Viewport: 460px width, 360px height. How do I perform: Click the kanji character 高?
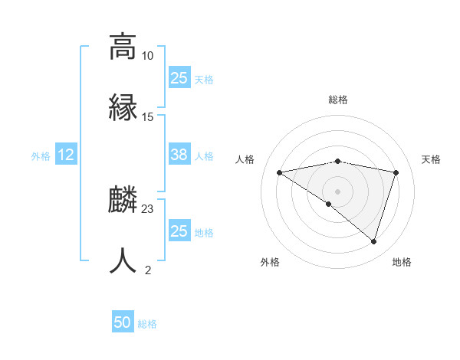click(123, 46)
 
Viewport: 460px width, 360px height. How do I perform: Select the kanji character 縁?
click(123, 106)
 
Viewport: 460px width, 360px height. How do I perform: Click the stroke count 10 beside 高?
click(148, 56)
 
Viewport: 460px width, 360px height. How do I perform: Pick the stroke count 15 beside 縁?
click(148, 117)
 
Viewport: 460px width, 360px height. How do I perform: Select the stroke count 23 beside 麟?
click(148, 209)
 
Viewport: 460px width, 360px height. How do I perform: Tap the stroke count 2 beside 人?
click(148, 270)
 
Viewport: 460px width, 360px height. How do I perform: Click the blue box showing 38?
click(179, 155)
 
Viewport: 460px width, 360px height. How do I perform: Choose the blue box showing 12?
click(66, 155)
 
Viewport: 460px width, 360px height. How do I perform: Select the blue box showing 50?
click(123, 323)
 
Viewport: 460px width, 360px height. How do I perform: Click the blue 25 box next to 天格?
click(179, 78)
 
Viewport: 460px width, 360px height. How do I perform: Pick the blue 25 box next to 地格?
click(179, 231)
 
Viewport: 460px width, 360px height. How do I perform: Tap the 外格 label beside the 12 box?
click(41, 156)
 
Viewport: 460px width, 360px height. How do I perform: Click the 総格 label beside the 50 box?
click(147, 324)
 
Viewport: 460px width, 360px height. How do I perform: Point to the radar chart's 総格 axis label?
click(338, 100)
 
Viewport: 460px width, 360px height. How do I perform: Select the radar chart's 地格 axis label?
click(402, 262)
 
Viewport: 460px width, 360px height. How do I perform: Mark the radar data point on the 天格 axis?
click(396, 172)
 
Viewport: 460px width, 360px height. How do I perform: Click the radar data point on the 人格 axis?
click(279, 172)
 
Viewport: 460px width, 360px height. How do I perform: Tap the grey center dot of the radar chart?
click(338, 191)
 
